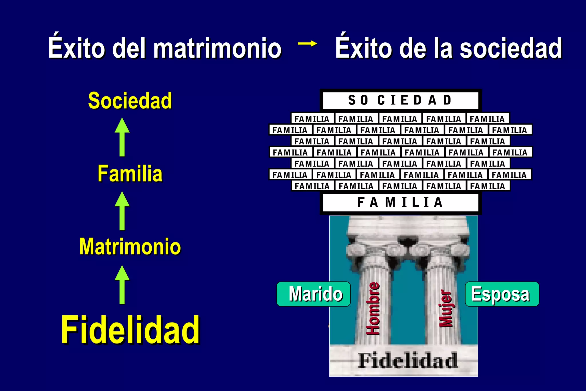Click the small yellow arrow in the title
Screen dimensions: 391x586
[x=307, y=44]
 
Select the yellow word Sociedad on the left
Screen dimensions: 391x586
[x=130, y=101]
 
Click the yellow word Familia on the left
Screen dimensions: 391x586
[x=130, y=173]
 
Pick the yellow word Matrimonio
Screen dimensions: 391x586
[x=130, y=246]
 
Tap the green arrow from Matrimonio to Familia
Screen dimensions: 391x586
[x=122, y=211]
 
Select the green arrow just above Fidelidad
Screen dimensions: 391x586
[x=122, y=285]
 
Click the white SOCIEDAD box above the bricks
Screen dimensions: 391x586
[x=400, y=100]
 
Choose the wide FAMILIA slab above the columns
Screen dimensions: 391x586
[x=400, y=202]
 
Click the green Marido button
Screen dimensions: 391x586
[x=314, y=294]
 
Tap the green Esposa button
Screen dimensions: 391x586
[x=502, y=294]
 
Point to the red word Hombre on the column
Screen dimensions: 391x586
[x=373, y=309]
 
